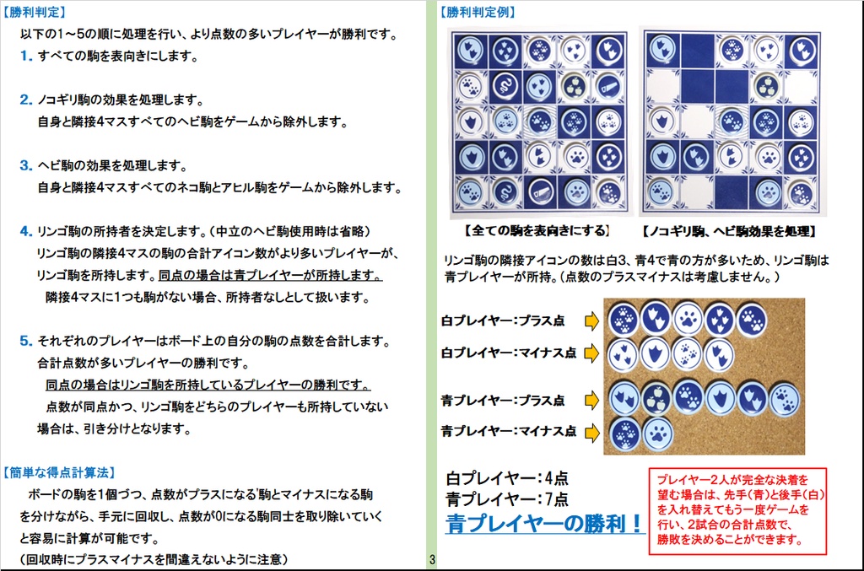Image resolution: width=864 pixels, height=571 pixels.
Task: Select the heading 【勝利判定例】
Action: [x=478, y=12]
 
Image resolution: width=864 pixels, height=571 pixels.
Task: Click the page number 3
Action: [x=432, y=560]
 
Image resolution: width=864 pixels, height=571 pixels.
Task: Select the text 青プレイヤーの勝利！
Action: [x=544, y=523]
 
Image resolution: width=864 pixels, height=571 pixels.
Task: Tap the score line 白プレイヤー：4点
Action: [x=507, y=478]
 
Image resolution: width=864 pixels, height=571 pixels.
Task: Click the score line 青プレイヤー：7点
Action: [x=507, y=498]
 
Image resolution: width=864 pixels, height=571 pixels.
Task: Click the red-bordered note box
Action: [x=737, y=511]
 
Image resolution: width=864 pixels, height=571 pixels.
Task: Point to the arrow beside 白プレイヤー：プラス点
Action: [x=591, y=321]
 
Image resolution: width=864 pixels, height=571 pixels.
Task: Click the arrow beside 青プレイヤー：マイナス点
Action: [x=591, y=432]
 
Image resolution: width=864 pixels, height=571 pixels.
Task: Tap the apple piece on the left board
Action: [x=574, y=86]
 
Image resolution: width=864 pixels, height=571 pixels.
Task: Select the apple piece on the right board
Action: [x=766, y=87]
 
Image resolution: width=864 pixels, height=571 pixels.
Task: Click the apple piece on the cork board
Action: [x=656, y=398]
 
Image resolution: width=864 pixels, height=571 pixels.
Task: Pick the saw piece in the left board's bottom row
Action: [x=540, y=192]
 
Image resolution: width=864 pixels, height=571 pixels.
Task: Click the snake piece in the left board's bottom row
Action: [x=505, y=192]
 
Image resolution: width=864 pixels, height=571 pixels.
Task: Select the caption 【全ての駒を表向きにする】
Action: [x=537, y=231]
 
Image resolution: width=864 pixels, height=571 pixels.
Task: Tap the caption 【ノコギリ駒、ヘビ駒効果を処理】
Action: [x=728, y=231]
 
